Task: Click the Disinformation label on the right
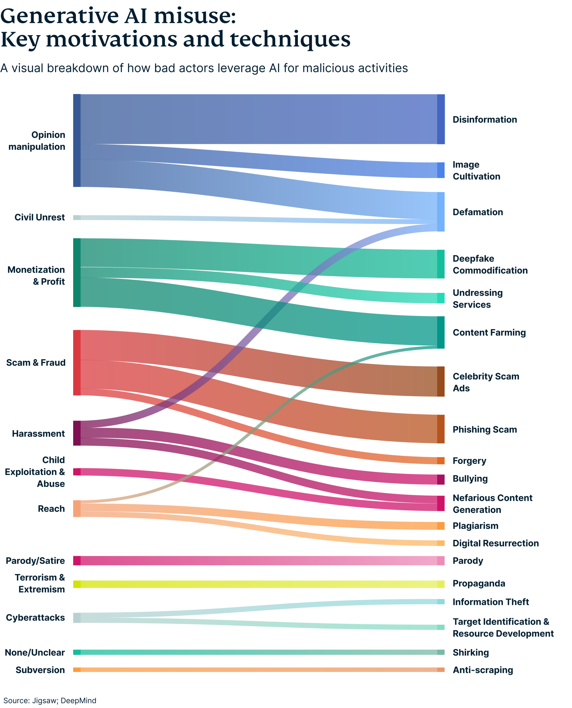click(x=484, y=119)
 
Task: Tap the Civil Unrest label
click(x=40, y=217)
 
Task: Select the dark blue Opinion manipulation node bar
click(x=77, y=140)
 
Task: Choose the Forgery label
click(x=469, y=461)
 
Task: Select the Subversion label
click(x=40, y=670)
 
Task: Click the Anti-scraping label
click(x=483, y=670)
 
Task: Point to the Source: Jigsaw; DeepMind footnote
click(x=50, y=701)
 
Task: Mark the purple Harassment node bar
click(x=77, y=433)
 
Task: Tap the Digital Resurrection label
click(x=495, y=543)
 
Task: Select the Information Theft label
click(x=490, y=602)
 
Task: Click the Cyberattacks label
click(x=35, y=618)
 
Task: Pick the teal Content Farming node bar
click(x=440, y=332)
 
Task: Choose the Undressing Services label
click(x=477, y=299)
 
